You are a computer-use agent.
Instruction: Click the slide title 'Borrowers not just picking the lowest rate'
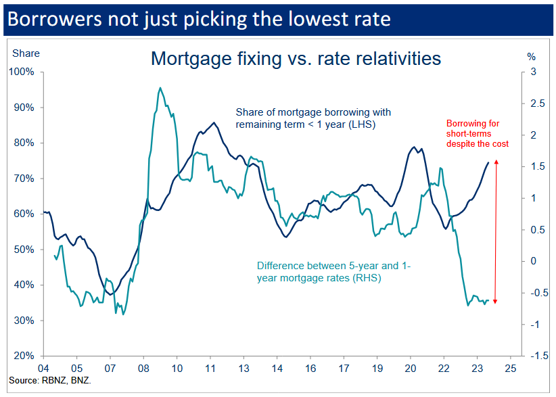click(199, 18)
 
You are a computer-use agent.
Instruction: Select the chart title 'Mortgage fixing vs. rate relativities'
click(296, 58)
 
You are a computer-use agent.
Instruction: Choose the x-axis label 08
click(143, 369)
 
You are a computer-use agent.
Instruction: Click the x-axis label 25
click(510, 369)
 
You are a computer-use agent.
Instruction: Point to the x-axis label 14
click(277, 369)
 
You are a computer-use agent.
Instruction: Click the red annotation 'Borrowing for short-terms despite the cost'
click(477, 133)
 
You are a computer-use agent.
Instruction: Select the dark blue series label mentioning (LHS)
click(313, 118)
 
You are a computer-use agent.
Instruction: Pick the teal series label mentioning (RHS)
click(334, 272)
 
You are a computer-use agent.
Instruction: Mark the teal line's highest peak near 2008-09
click(160, 87)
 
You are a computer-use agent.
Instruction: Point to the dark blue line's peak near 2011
click(214, 122)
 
